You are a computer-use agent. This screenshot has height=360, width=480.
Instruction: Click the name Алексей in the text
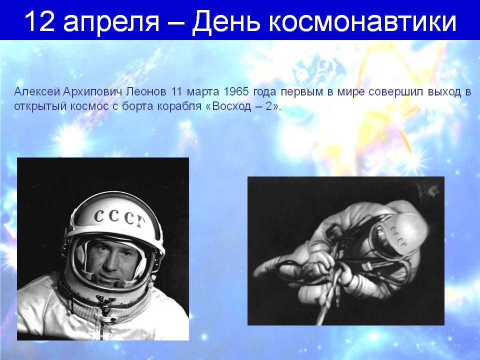pos(32,93)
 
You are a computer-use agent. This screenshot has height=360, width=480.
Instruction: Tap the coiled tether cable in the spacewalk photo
pos(340,275)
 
